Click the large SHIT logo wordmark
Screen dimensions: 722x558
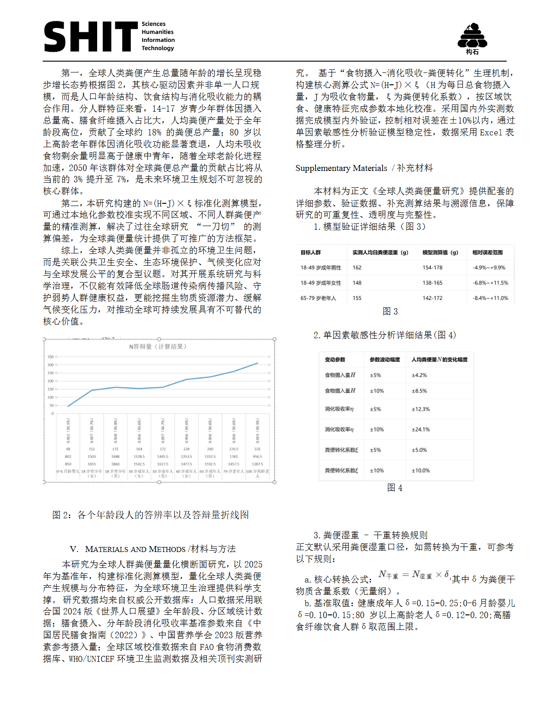pyautogui.click(x=90, y=36)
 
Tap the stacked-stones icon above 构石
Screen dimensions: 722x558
pyautogui.click(x=472, y=36)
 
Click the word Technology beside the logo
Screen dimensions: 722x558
pyautogui.click(x=158, y=48)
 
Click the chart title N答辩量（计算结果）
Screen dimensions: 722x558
pyautogui.click(x=157, y=346)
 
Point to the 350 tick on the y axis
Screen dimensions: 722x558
pyautogui.click(x=51, y=357)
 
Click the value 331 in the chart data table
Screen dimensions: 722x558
pyautogui.click(x=257, y=449)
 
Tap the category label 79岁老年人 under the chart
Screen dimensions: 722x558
pyautogui.click(x=233, y=471)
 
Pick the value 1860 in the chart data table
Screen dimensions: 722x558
pyautogui.click(x=115, y=464)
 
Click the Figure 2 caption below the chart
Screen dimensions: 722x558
pyautogui.click(x=150, y=515)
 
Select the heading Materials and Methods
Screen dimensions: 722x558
pyautogui.click(x=153, y=549)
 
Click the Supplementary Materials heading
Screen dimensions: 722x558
pyautogui.click(x=364, y=168)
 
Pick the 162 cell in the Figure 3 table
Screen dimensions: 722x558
pyautogui.click(x=357, y=268)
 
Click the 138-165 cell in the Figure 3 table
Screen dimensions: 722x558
pyautogui.click(x=432, y=283)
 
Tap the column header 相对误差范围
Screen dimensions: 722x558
pyautogui.click(x=487, y=253)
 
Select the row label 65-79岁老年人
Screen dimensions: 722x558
pyautogui.click(x=318, y=298)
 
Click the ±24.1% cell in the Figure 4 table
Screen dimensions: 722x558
pyautogui.click(x=421, y=429)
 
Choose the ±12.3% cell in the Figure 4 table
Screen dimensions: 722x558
pyautogui.click(x=421, y=409)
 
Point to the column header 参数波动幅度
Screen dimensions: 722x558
pyautogui.click(x=385, y=360)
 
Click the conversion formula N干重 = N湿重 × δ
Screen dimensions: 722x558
pyautogui.click(x=414, y=575)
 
